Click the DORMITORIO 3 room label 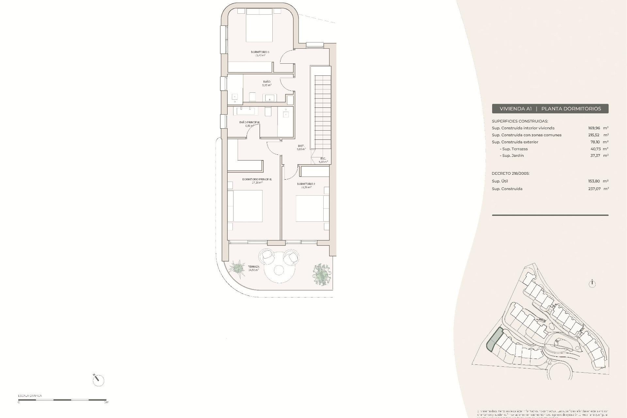[260, 52]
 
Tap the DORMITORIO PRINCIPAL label [257, 179]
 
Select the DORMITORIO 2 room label [306, 184]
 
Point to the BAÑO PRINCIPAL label [249, 122]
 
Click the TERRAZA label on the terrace [253, 267]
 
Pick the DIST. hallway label [301, 146]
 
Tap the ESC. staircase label [323, 159]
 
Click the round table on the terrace [279, 270]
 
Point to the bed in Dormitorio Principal [245, 206]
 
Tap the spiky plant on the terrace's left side [238, 268]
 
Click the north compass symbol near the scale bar [98, 380]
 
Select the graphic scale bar [62, 400]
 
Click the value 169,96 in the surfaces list [594, 128]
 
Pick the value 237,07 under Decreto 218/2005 [594, 189]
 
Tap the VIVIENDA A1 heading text [516, 109]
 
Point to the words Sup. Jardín [512, 155]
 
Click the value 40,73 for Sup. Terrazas [595, 149]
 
